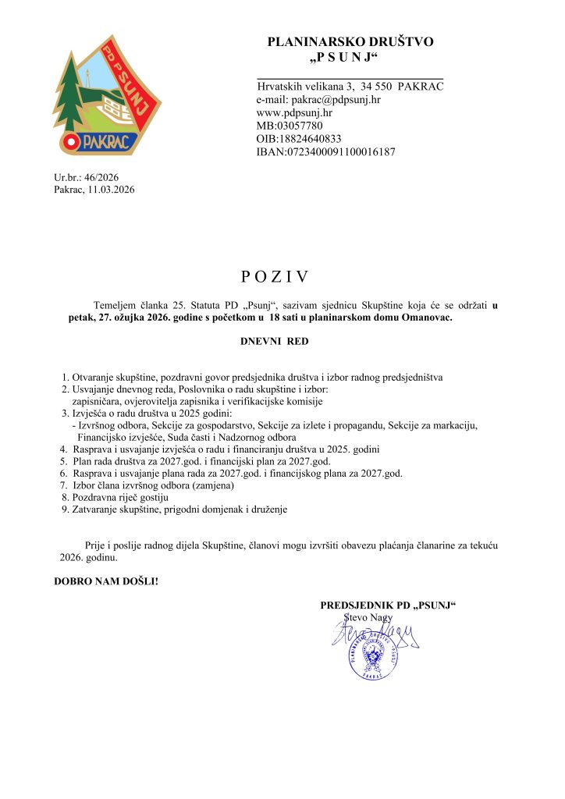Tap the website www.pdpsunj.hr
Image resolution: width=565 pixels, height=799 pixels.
294,112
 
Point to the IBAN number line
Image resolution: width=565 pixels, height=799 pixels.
325,152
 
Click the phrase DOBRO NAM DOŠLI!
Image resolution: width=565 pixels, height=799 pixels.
105,581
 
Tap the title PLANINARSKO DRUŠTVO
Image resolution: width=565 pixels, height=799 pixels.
350,42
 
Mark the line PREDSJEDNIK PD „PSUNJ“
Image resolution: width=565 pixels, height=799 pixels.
388,605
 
